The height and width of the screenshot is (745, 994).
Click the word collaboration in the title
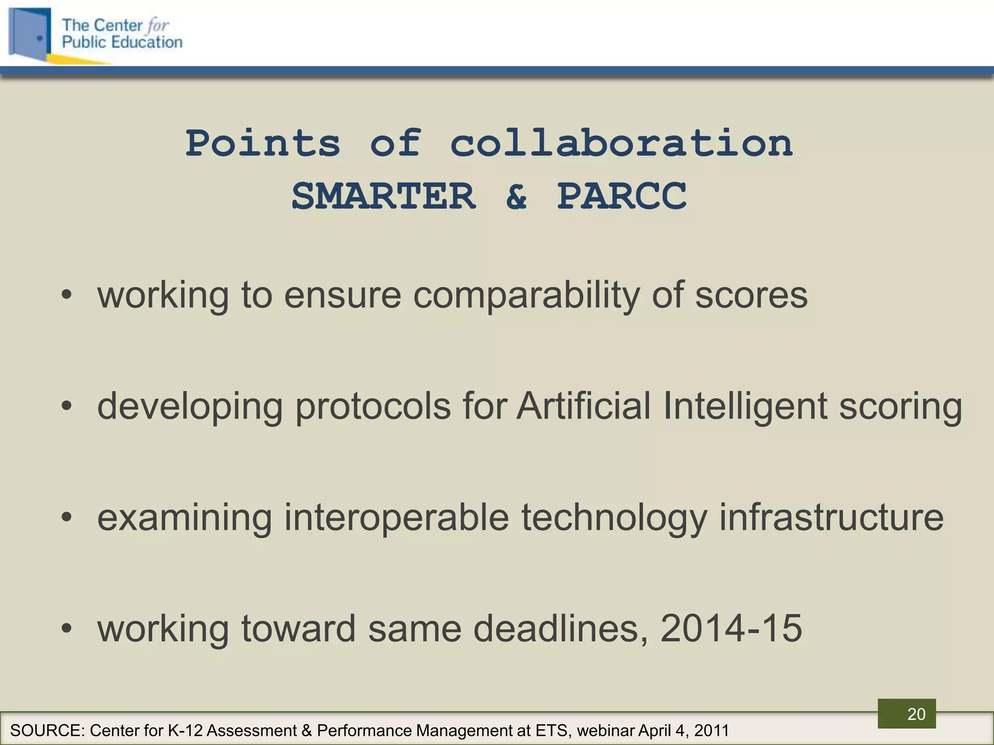621,144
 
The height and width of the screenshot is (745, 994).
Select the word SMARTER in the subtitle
383,196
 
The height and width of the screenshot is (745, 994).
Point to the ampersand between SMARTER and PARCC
516,196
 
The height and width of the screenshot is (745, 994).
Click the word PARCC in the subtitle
622,196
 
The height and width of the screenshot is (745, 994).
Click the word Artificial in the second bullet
583,406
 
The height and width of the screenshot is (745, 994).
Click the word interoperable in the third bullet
397,518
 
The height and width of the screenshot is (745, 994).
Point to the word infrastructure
831,517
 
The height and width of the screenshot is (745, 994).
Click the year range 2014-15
731,629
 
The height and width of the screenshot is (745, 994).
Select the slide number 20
916,714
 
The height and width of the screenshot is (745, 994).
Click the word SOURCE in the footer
46,730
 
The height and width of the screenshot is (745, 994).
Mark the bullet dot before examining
66,518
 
